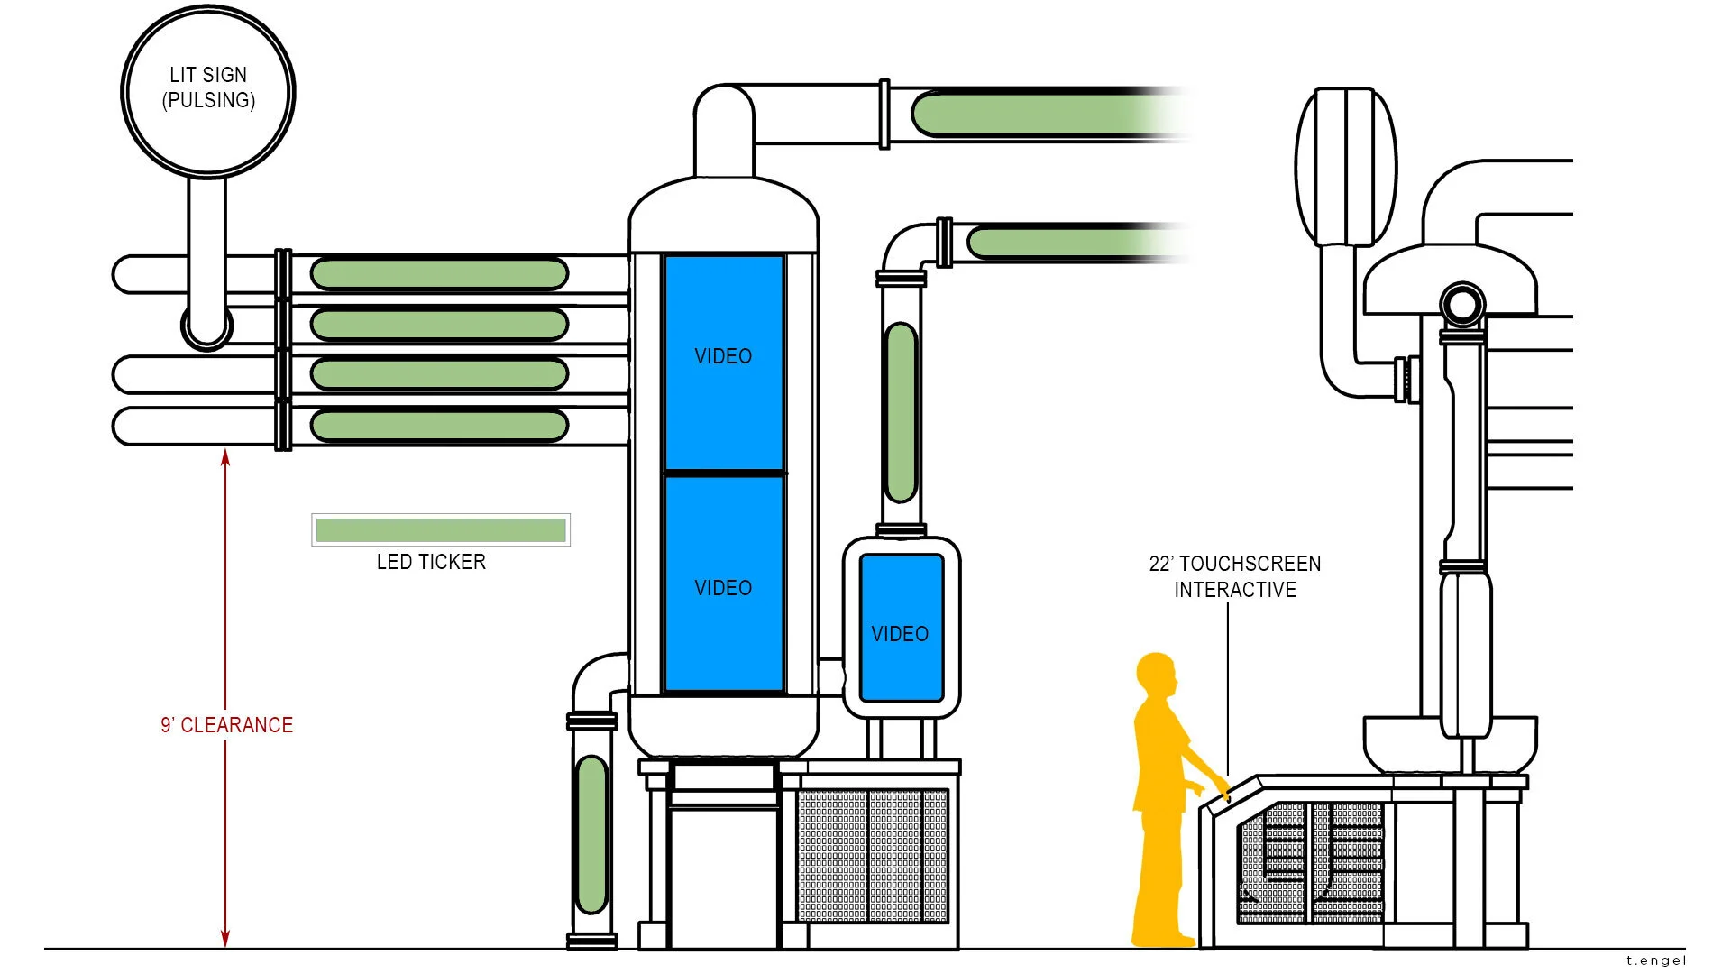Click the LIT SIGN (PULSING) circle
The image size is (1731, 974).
[208, 89]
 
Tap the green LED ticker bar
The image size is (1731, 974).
[441, 530]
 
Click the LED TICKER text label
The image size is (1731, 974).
[431, 562]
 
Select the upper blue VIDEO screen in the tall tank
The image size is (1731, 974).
[724, 363]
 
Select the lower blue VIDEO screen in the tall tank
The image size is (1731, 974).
[724, 583]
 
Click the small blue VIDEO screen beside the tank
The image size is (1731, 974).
[901, 628]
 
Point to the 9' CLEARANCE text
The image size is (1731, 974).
[227, 725]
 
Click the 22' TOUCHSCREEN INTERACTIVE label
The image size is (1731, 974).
[1235, 576]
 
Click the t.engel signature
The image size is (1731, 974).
[1656, 960]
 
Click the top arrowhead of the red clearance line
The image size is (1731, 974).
[225, 457]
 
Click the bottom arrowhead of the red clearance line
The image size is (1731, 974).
[225, 939]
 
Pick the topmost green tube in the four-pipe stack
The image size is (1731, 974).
[439, 274]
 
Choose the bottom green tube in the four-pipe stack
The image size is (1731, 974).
[439, 426]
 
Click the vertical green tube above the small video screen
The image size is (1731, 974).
[901, 412]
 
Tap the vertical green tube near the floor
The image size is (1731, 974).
[591, 835]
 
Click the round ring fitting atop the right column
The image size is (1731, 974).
[1461, 305]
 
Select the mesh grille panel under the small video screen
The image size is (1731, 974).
[873, 855]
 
